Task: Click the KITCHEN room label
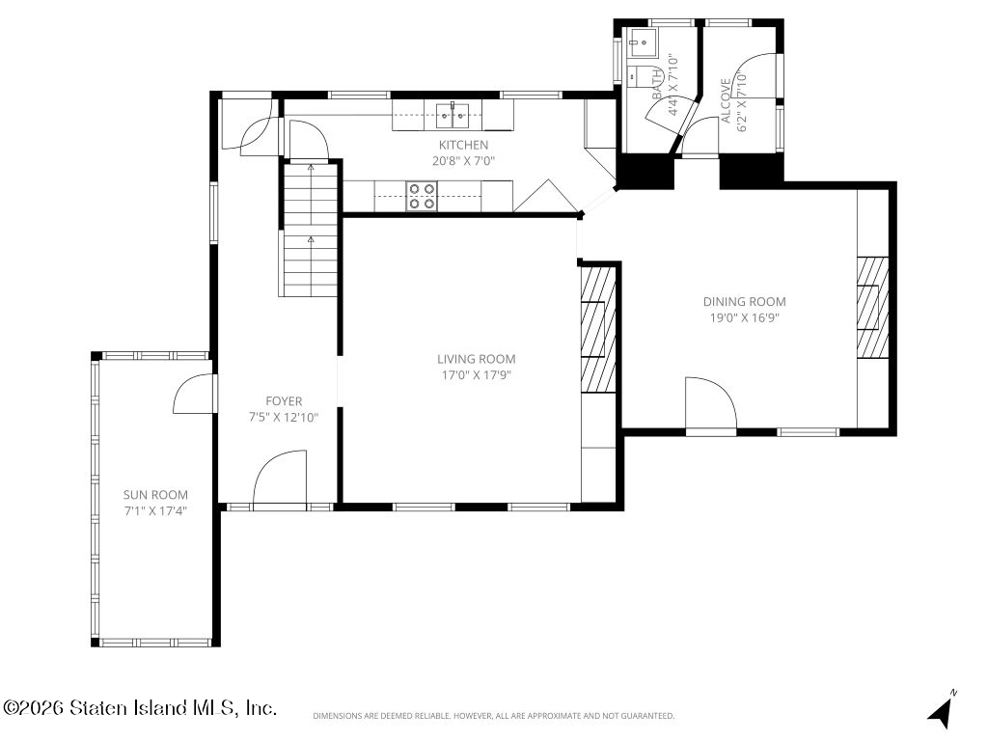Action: pos(463,145)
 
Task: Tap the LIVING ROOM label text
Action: pos(477,359)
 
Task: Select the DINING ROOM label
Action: pos(744,302)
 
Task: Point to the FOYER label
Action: pos(284,401)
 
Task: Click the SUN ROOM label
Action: pos(155,495)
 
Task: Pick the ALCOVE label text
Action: pos(726,100)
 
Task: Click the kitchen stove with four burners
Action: pos(422,196)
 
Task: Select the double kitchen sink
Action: pos(458,114)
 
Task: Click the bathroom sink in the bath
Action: pos(642,43)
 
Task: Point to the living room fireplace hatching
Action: pos(597,330)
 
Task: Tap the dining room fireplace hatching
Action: pos(872,307)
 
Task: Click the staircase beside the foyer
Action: pos(310,230)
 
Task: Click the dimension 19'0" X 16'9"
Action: pos(744,318)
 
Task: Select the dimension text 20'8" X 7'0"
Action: pos(463,161)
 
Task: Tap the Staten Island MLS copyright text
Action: pos(140,707)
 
